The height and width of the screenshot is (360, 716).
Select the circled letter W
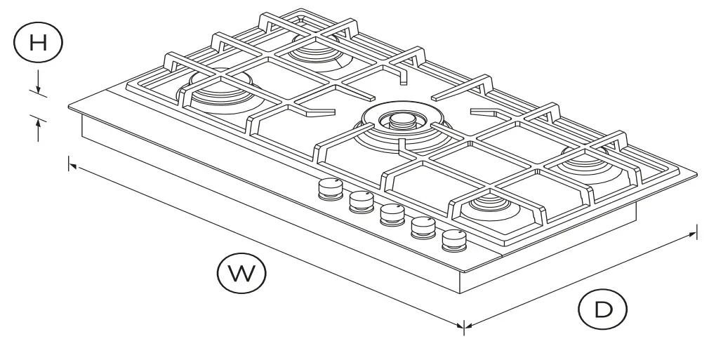tap(241, 273)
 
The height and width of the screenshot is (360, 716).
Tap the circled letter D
tap(602, 309)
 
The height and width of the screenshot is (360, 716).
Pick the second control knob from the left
tap(361, 201)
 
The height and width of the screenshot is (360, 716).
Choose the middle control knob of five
tap(391, 213)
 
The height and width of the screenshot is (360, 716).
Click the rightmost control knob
tap(454, 241)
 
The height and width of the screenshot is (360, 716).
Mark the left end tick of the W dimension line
tap(69, 164)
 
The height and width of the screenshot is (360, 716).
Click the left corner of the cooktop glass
tap(69, 107)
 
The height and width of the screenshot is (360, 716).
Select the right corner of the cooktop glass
tap(699, 177)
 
